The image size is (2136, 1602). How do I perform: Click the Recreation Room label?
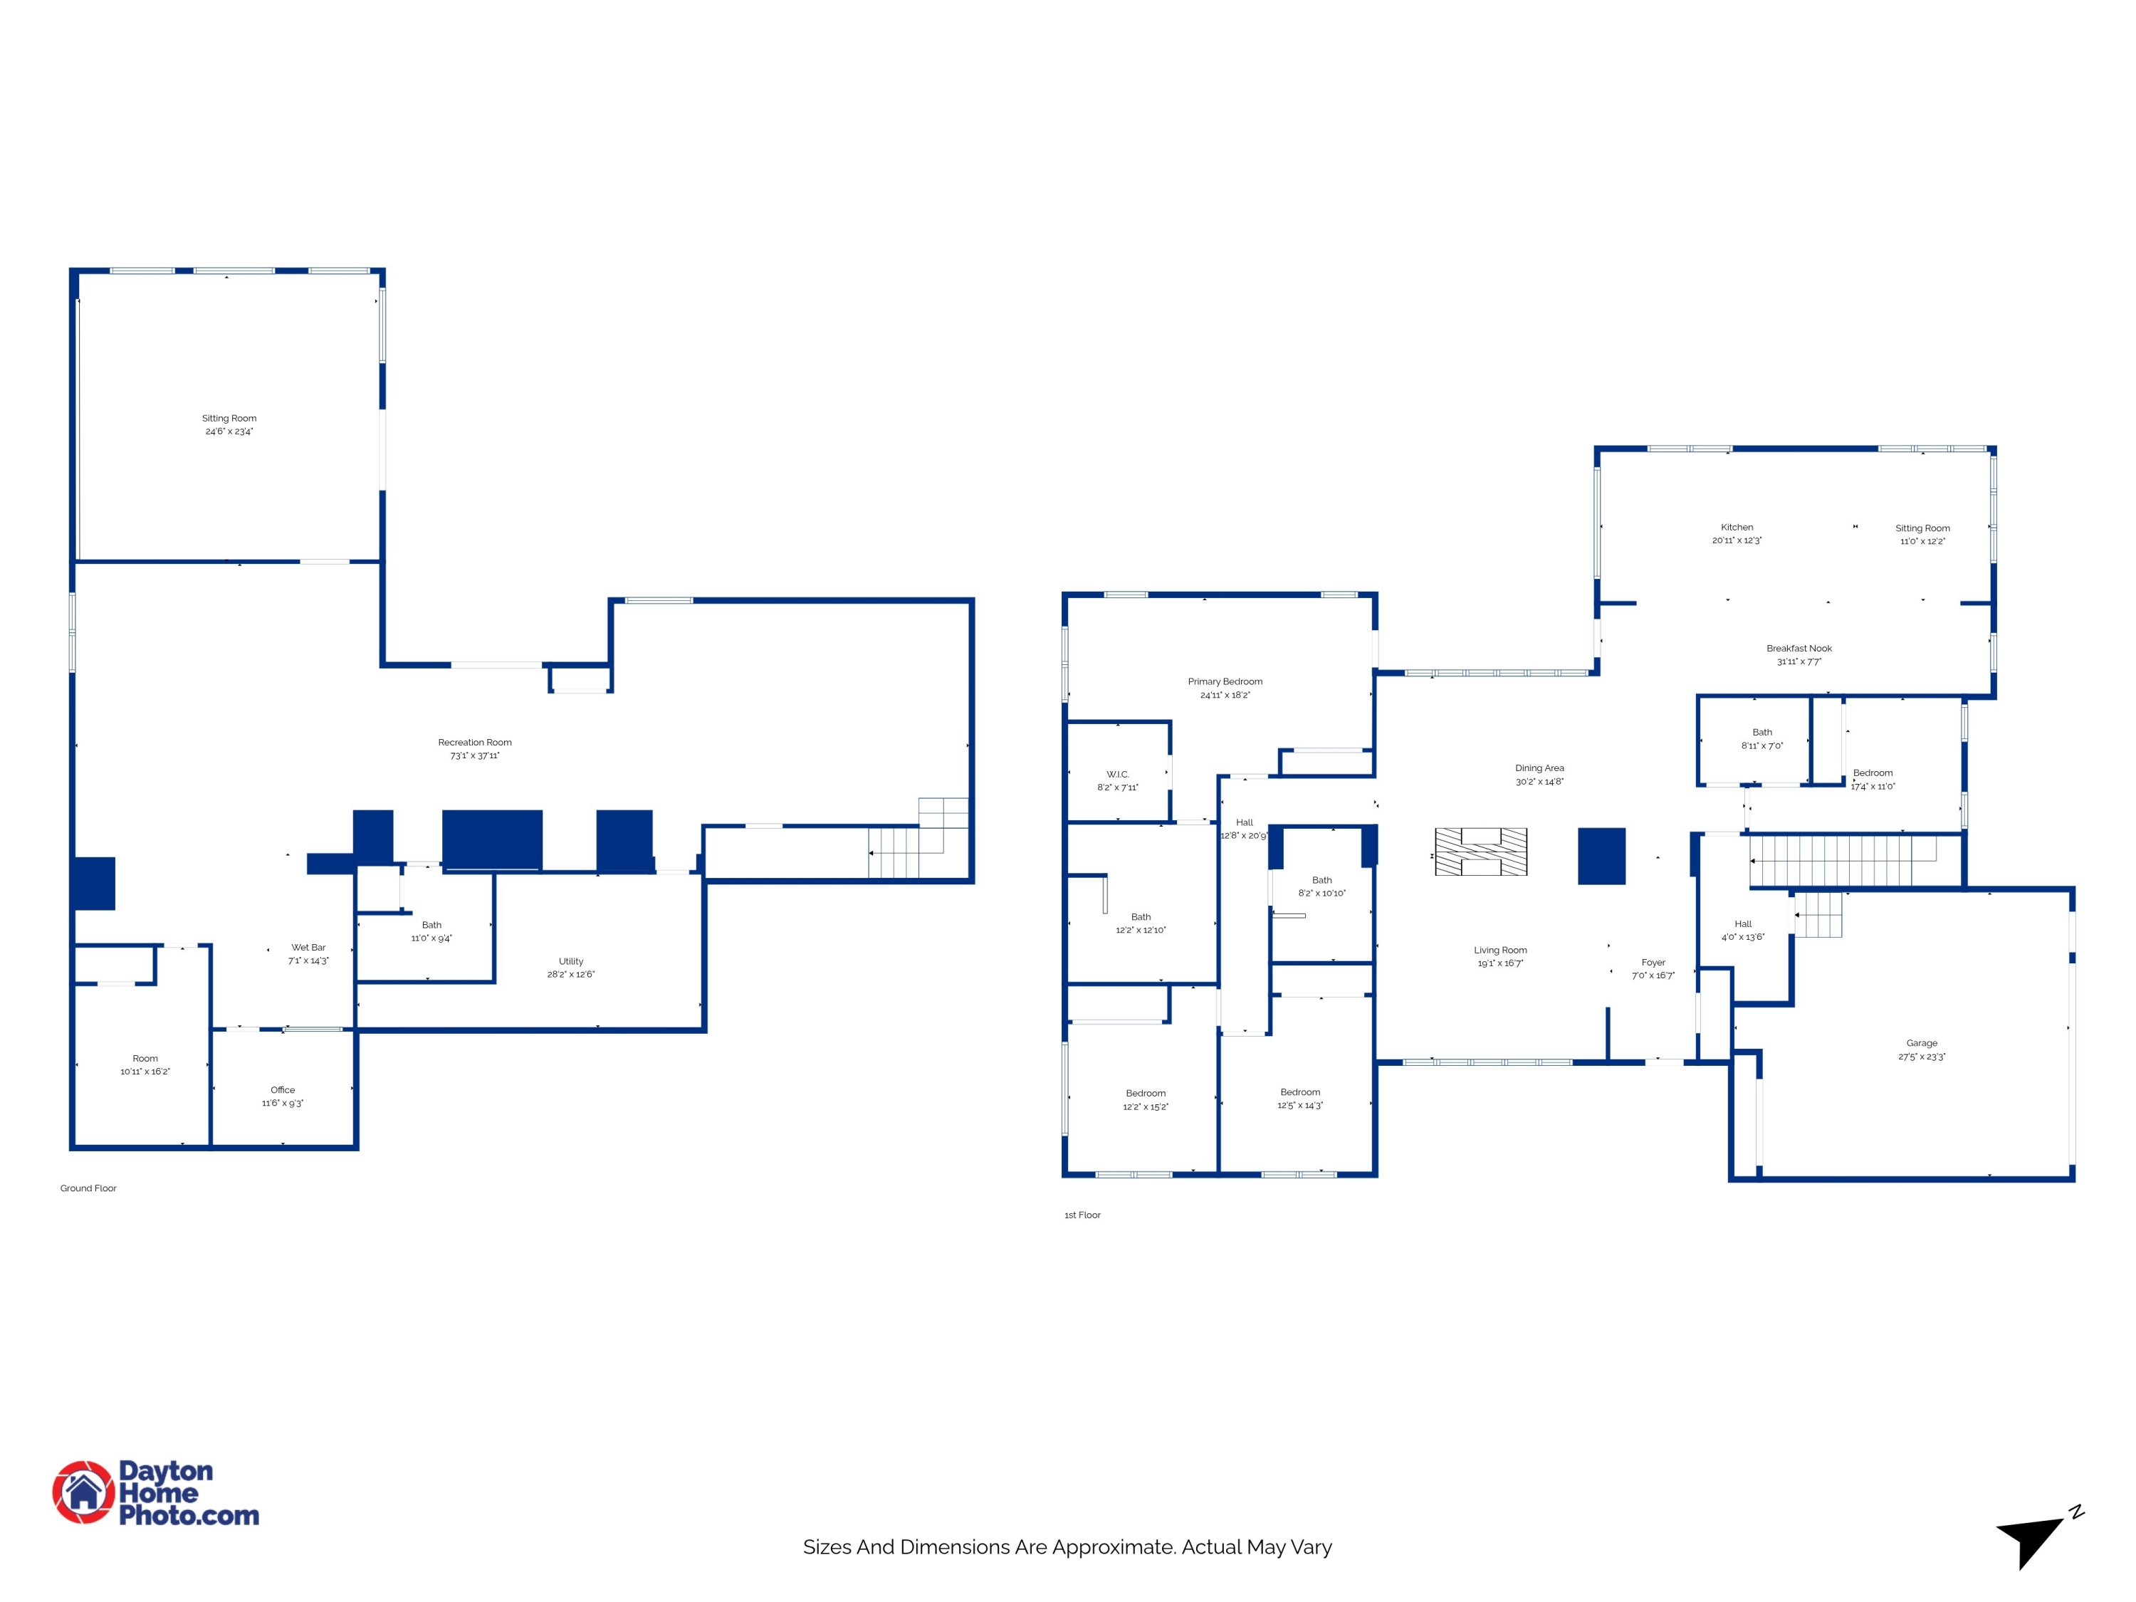[475, 743]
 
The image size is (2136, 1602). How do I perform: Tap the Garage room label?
[1922, 1043]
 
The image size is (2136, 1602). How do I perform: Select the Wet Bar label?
[308, 947]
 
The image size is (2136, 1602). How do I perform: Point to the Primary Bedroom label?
[1225, 682]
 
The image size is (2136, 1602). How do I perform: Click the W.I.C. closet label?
[1117, 775]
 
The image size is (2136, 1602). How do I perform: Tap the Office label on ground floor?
[283, 1089]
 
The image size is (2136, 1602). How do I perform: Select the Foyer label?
[1653, 963]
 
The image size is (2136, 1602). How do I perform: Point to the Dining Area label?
[1539, 769]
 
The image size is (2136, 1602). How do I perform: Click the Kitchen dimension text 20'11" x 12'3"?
[1737, 540]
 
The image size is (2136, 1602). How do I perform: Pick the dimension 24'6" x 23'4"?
[229, 431]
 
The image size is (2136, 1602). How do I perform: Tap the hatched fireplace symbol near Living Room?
[1480, 852]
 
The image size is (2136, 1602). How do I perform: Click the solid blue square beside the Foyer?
[1601, 856]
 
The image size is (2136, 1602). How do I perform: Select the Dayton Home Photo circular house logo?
[84, 1492]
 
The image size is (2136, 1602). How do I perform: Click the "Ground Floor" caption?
[88, 1189]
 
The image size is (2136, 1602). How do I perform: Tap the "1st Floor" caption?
[1082, 1215]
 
